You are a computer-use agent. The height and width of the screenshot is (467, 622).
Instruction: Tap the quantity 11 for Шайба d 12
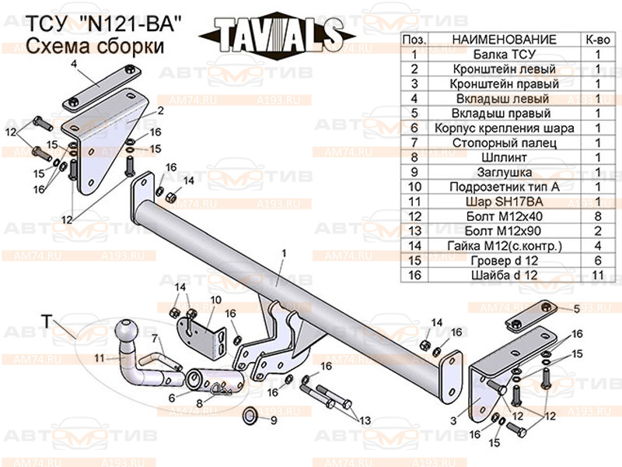[x=597, y=275]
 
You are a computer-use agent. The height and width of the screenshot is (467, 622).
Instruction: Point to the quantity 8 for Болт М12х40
[x=597, y=216]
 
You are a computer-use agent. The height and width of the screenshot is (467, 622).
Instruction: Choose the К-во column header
[x=597, y=39]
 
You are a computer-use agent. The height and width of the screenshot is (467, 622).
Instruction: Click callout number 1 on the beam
[x=284, y=253]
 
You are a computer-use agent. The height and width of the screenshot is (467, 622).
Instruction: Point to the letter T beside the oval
[x=46, y=319]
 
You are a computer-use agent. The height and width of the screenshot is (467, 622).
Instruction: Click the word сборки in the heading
[x=131, y=47]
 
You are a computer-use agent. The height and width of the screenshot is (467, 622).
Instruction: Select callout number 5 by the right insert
[x=576, y=309]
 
